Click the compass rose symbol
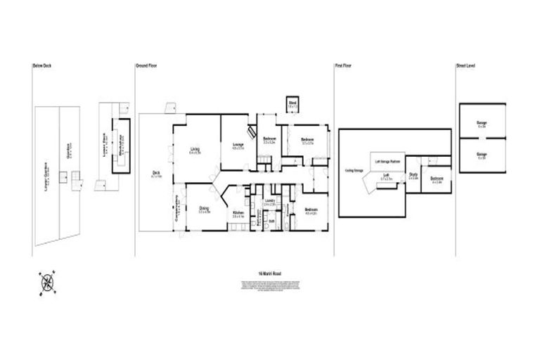(49, 283)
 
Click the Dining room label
(204, 208)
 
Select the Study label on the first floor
(413, 176)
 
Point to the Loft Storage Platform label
(387, 161)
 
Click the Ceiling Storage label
(354, 170)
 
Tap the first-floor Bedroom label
(436, 179)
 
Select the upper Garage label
(482, 124)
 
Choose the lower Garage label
(482, 155)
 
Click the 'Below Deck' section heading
(42, 65)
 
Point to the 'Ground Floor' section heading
(146, 65)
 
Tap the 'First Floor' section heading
(343, 65)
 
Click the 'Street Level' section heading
(465, 65)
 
